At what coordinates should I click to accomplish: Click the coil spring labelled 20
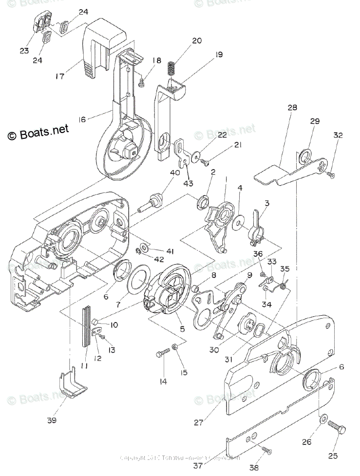tap(172, 68)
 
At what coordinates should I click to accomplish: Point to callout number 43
tap(189, 183)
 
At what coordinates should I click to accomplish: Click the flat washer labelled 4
tap(238, 223)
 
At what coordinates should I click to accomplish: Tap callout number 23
tap(24, 50)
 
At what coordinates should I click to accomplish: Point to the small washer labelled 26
tap(322, 419)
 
